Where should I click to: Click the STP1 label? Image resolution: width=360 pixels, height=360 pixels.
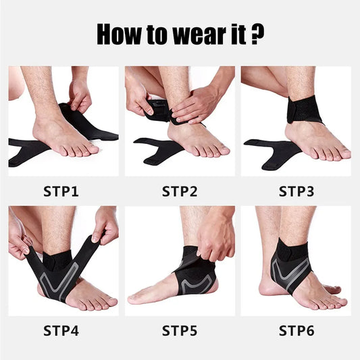pyautogui.click(x=61, y=191)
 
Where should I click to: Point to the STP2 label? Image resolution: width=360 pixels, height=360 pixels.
pyautogui.click(x=180, y=191)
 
